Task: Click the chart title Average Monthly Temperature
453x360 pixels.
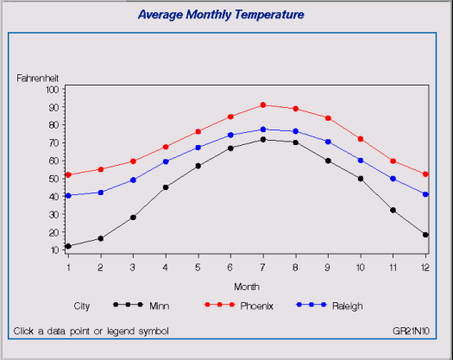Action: pos(221,15)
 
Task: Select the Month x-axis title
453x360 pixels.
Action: pos(246,286)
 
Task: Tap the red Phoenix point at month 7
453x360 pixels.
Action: pos(263,105)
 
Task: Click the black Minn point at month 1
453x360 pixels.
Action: pos(68,246)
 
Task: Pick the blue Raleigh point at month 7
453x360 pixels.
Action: pos(263,129)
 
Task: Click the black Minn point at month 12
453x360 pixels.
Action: pos(425,235)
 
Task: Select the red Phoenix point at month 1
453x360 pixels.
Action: pos(68,174)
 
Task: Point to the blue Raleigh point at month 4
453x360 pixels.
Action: pos(166,161)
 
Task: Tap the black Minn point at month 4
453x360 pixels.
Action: pos(166,187)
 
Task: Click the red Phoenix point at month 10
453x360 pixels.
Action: pos(361,139)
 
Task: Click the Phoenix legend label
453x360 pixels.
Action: pos(256,306)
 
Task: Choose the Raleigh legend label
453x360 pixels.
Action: pos(347,306)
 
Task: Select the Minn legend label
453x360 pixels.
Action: pos(159,306)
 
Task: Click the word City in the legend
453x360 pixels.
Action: pos(82,306)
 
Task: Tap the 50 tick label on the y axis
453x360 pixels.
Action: pos(53,179)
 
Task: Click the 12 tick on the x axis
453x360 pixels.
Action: pos(425,267)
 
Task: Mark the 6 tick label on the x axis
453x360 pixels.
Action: pos(230,267)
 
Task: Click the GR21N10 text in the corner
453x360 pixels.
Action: pos(410,331)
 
